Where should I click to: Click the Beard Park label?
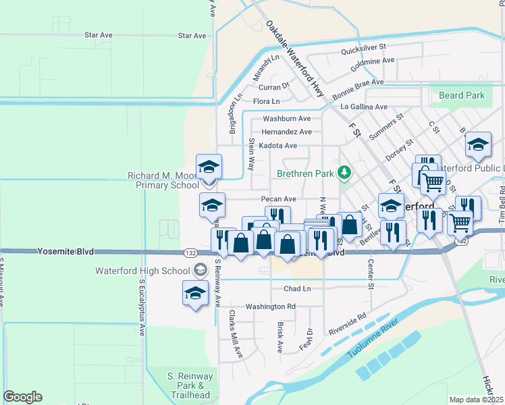click(x=462, y=95)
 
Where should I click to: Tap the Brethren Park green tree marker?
click(x=345, y=173)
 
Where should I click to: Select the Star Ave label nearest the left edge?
click(x=99, y=35)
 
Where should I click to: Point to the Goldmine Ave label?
click(x=372, y=60)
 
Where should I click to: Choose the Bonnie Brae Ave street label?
click(x=357, y=82)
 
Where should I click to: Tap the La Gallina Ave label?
click(x=364, y=107)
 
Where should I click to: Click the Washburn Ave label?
click(x=286, y=119)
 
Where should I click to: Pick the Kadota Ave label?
click(x=278, y=145)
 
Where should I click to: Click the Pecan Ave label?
click(x=279, y=199)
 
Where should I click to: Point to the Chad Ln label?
click(x=297, y=289)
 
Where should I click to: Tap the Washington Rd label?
click(x=271, y=306)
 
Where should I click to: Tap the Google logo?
click(x=22, y=397)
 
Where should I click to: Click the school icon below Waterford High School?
click(x=196, y=294)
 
